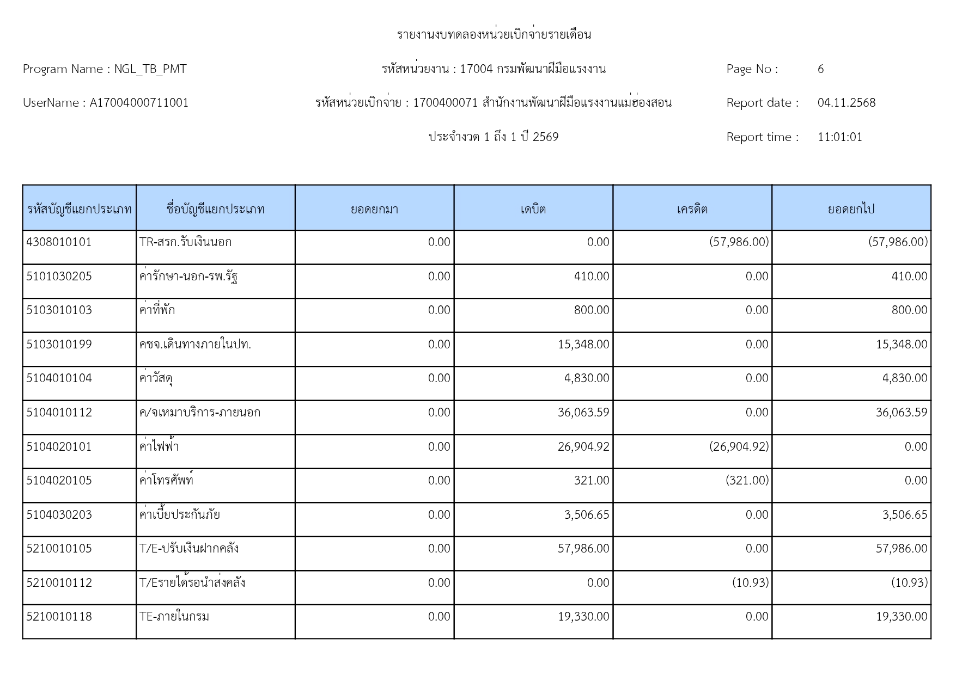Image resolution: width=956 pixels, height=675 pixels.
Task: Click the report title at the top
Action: pyautogui.click(x=494, y=35)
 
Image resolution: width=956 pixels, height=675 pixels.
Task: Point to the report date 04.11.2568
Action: pyautogui.click(x=846, y=103)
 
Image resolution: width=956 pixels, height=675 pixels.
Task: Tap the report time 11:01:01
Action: pyautogui.click(x=839, y=137)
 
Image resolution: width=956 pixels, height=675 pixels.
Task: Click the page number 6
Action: pyautogui.click(x=820, y=69)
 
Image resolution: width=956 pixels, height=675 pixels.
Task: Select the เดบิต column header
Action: pyautogui.click(x=533, y=209)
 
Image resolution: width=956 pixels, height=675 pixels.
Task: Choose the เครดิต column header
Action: pyautogui.click(x=692, y=209)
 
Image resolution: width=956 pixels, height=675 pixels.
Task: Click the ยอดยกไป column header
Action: pyautogui.click(x=851, y=209)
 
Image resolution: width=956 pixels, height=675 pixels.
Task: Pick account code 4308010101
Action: pyautogui.click(x=59, y=242)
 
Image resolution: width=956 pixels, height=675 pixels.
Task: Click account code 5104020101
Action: pyautogui.click(x=59, y=447)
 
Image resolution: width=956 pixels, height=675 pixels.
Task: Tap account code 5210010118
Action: pyautogui.click(x=59, y=617)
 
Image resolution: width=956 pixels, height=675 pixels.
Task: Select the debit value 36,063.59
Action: pyautogui.click(x=583, y=413)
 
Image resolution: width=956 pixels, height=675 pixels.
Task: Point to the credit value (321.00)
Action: pyautogui.click(x=747, y=481)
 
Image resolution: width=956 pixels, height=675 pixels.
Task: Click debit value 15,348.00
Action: pyautogui.click(x=583, y=345)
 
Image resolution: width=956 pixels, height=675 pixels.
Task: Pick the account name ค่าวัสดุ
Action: pyautogui.click(x=156, y=379)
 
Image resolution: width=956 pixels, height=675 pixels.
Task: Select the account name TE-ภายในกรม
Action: pyautogui.click(x=174, y=617)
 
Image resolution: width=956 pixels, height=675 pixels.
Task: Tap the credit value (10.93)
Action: pyautogui.click(x=750, y=583)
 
